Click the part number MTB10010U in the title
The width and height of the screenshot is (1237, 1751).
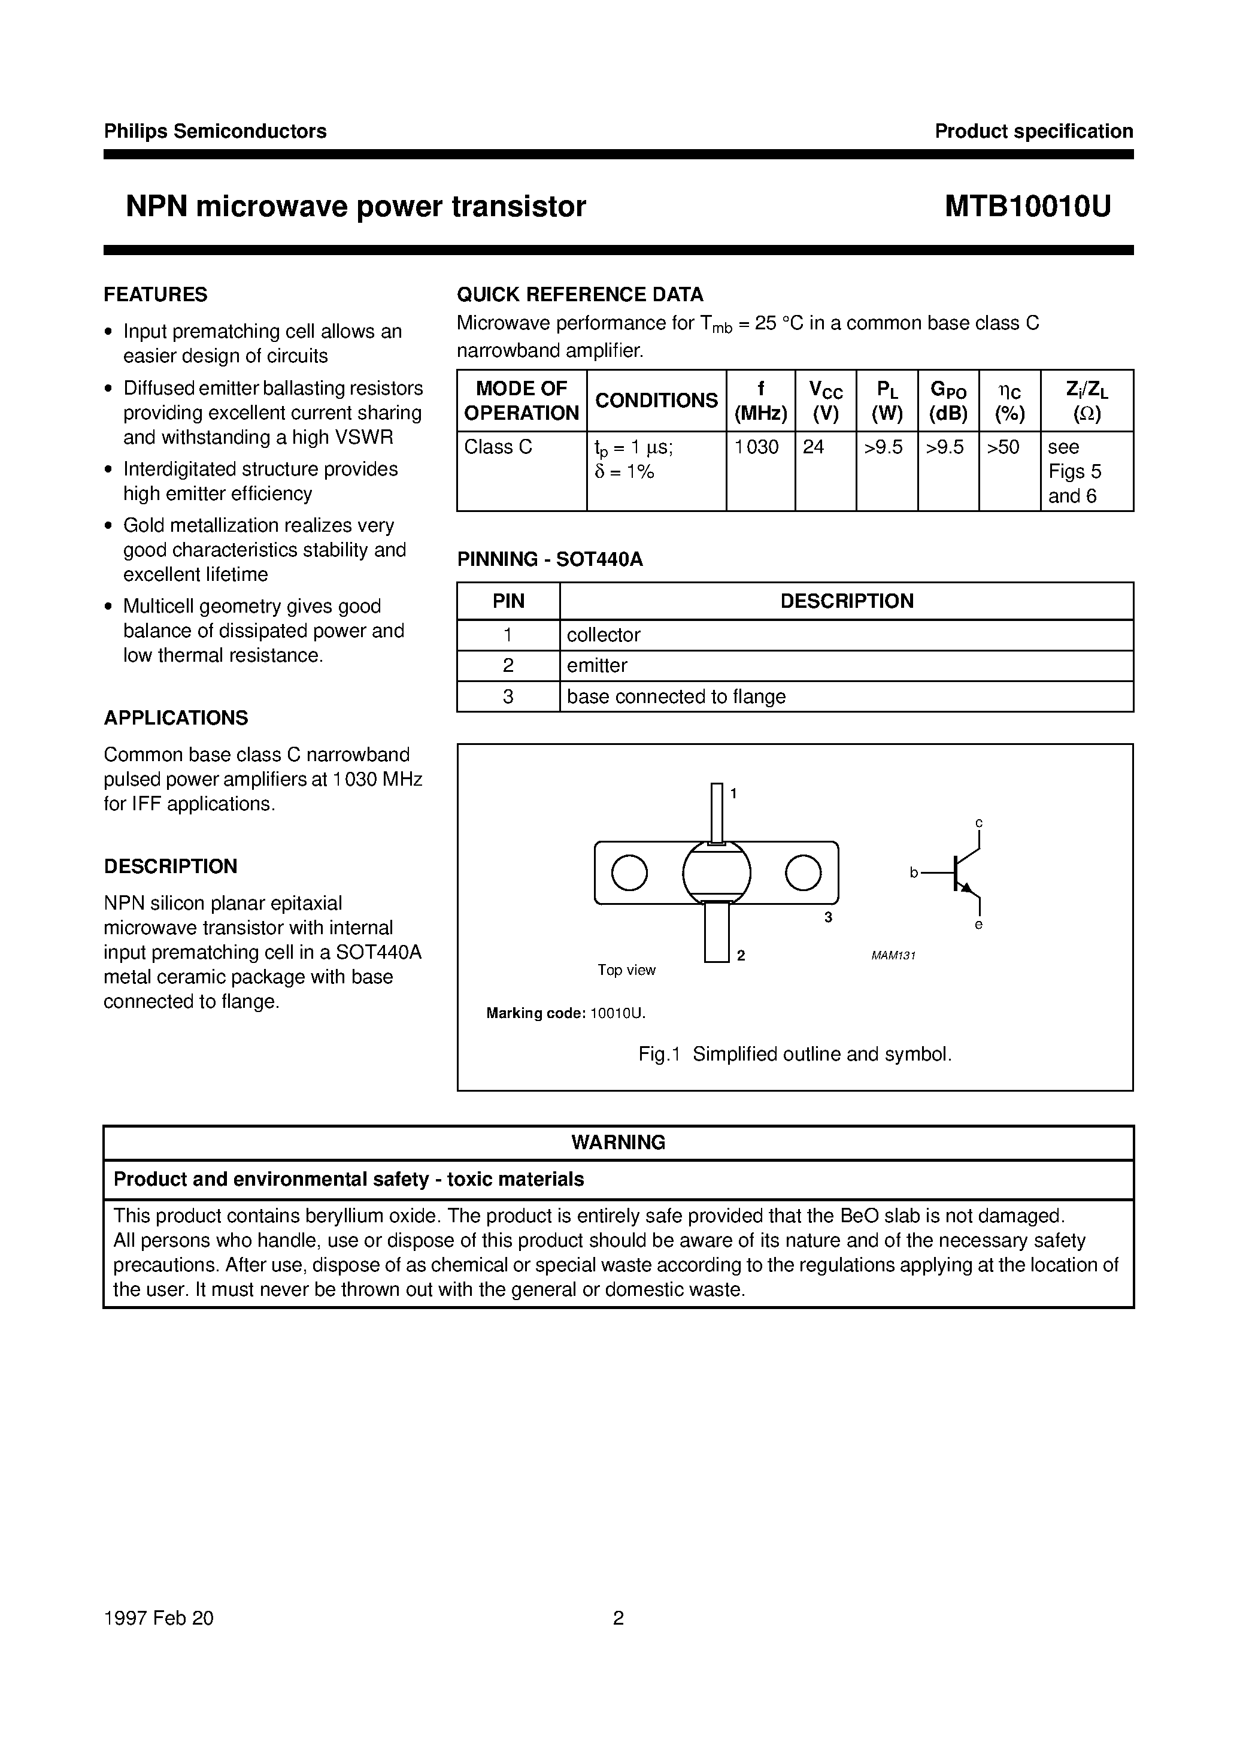tap(1027, 207)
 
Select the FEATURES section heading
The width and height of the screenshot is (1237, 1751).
tap(156, 295)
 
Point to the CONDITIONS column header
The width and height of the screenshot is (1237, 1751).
tap(656, 401)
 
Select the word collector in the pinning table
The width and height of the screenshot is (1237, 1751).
tap(604, 635)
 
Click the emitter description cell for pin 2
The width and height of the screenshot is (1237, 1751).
tap(597, 666)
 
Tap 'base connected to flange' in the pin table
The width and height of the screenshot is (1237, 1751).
tap(676, 697)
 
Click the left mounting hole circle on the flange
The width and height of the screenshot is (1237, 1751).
tap(629, 873)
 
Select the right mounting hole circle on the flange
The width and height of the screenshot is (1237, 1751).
tap(803, 873)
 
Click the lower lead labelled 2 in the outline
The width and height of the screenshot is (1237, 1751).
tap(716, 932)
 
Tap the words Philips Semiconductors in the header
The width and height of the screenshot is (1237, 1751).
tap(215, 131)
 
